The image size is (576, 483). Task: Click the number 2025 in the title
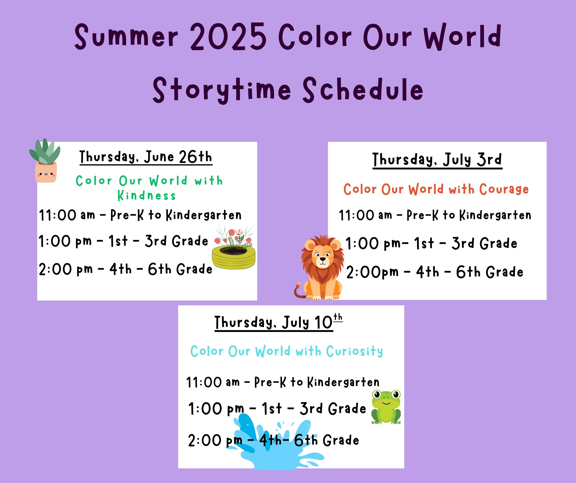coord(228,37)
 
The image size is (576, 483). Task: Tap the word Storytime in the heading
coord(222,90)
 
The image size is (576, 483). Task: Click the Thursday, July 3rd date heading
coord(437,160)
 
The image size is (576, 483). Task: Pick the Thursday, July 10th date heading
coord(278,322)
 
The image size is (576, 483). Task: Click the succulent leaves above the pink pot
coord(45,151)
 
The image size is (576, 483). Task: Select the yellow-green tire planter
coord(234,257)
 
